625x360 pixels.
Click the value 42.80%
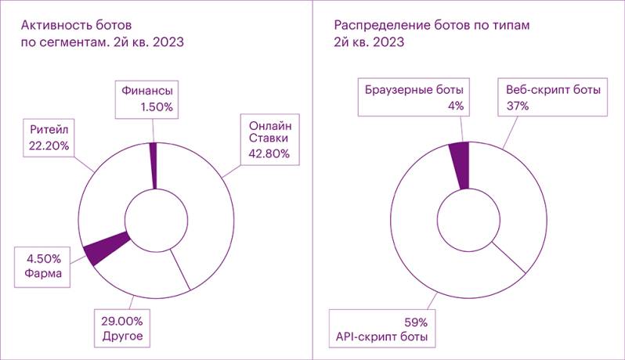[269, 153]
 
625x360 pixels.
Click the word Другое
[124, 337]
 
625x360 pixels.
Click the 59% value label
[415, 322]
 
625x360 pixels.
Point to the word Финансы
[146, 91]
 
